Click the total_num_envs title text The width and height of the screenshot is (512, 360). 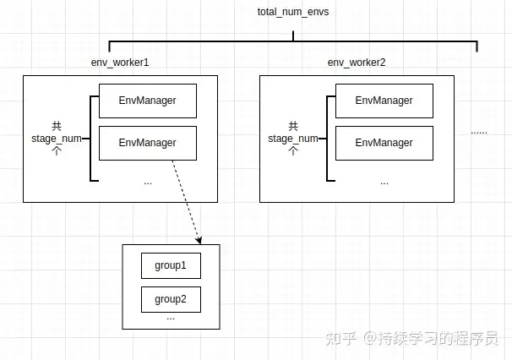click(x=292, y=13)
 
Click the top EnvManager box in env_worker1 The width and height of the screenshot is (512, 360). click(x=148, y=101)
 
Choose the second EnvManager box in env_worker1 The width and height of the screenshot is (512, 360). click(x=148, y=143)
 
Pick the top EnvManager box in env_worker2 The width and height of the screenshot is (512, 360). click(x=384, y=101)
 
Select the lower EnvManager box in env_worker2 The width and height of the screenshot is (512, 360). click(x=384, y=143)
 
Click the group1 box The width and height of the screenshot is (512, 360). click(x=171, y=265)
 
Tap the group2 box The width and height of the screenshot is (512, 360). click(x=171, y=298)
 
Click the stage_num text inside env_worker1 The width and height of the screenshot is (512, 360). click(x=57, y=139)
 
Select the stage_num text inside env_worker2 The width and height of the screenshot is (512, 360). click(x=293, y=139)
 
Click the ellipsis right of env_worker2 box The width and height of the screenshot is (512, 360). click(x=479, y=132)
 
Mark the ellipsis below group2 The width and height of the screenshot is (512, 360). click(x=171, y=319)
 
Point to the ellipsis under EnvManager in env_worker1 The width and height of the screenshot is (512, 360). click(x=148, y=182)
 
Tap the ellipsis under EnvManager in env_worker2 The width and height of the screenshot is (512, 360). click(x=384, y=182)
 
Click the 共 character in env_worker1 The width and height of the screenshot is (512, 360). click(x=57, y=126)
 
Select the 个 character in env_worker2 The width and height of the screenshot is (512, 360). click(x=293, y=151)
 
